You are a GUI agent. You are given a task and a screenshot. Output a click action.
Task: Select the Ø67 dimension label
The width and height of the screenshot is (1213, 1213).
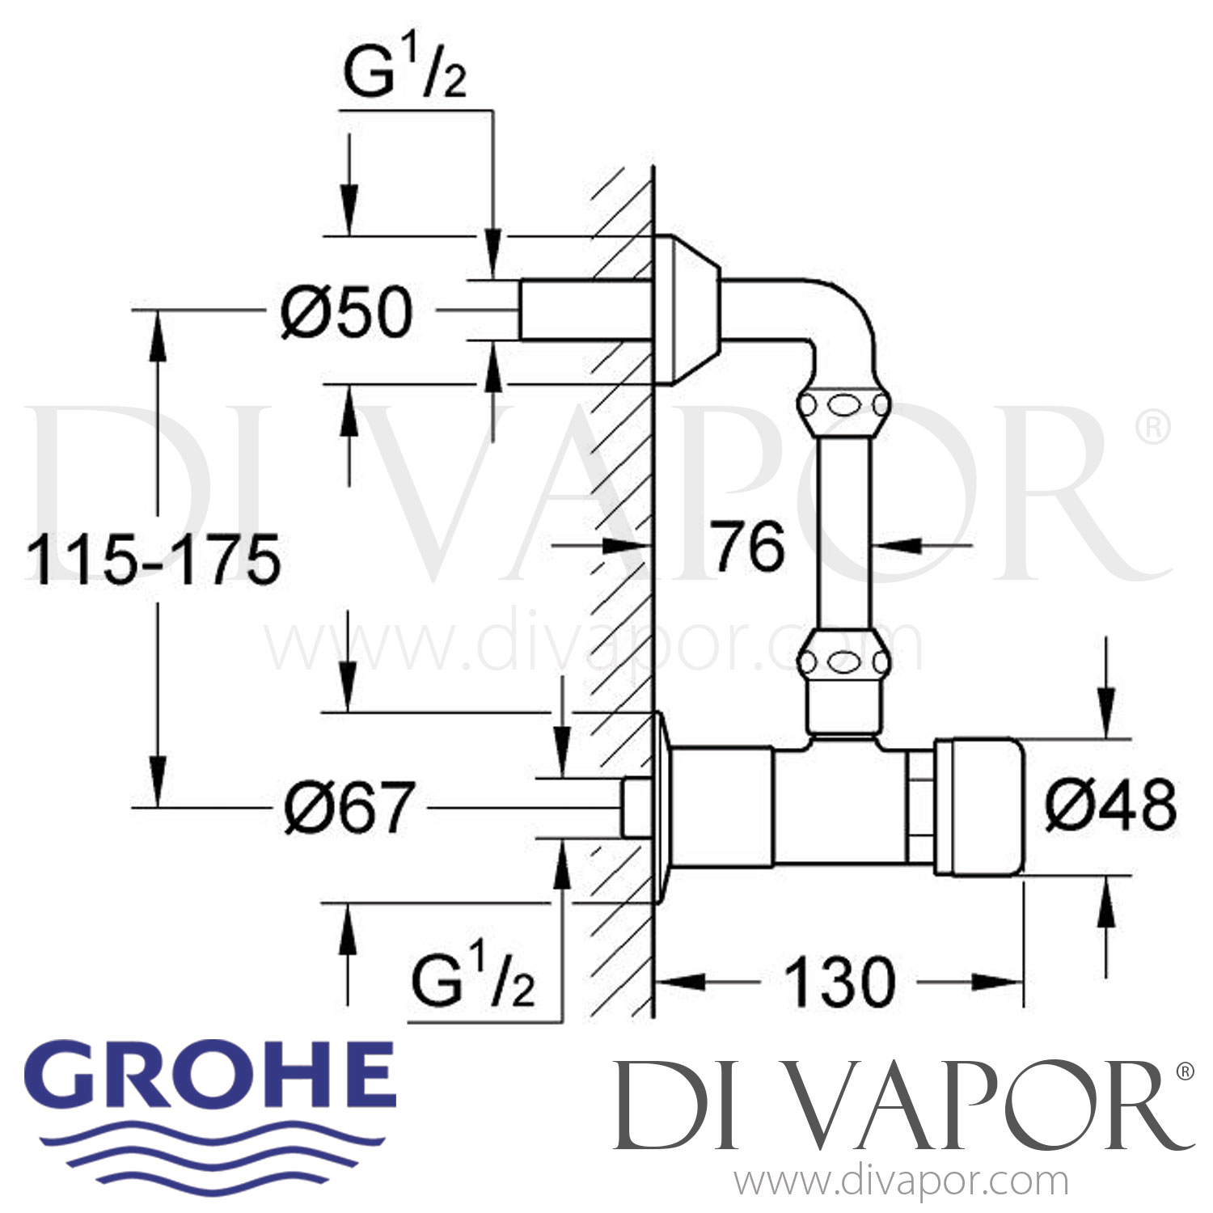tap(349, 807)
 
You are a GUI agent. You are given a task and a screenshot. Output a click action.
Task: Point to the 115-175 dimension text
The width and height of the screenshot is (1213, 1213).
tap(154, 560)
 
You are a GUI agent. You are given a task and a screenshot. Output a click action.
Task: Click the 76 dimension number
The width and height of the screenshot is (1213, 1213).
tap(747, 547)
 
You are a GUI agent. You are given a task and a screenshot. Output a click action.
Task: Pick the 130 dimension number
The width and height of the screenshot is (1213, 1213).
tap(840, 983)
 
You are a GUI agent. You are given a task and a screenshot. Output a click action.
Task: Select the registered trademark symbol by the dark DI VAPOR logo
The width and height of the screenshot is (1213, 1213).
tap(1185, 1072)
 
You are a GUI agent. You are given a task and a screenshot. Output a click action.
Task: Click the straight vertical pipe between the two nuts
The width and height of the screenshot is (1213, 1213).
tap(843, 532)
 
